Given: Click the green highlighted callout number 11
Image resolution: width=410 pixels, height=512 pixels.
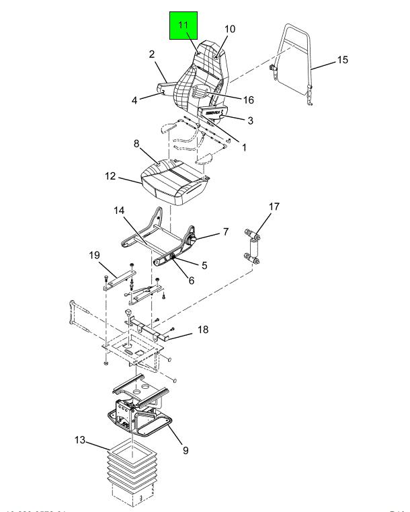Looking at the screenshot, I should click(183, 24).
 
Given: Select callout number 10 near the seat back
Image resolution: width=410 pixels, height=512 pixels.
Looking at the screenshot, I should click(230, 30).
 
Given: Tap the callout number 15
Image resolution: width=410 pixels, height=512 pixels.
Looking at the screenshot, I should click(342, 61).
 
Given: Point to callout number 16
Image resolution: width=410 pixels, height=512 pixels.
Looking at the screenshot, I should click(248, 100).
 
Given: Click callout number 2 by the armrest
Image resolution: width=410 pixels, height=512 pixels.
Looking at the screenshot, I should click(152, 54).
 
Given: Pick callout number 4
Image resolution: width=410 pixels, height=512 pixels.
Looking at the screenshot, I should click(134, 101).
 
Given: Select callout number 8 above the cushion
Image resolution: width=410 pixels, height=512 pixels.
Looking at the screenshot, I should click(136, 143).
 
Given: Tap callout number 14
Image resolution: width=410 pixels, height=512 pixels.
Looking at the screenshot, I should click(119, 211).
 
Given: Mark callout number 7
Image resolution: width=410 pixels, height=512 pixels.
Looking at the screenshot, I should click(226, 232).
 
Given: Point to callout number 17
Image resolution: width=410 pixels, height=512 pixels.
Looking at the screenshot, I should click(274, 207).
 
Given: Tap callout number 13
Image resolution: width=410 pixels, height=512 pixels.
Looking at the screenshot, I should click(80, 441).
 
